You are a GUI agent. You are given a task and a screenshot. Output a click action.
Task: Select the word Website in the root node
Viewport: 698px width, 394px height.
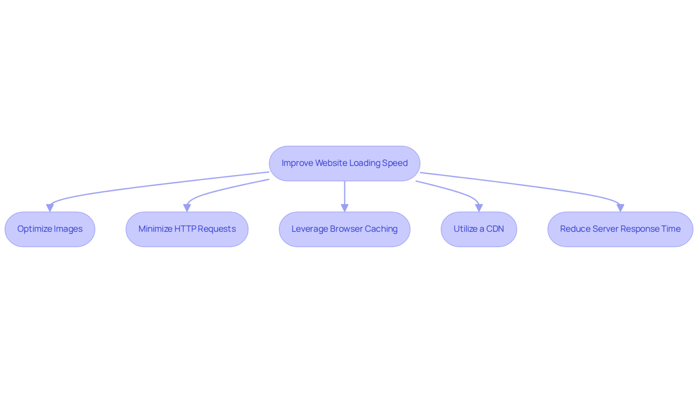[x=331, y=163]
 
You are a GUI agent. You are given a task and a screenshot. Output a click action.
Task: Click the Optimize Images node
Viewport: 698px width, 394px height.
[x=50, y=229]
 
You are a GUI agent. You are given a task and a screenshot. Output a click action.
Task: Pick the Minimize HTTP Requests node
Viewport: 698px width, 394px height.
[x=187, y=229]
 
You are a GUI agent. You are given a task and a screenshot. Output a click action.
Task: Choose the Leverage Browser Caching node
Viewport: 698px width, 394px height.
[x=344, y=229]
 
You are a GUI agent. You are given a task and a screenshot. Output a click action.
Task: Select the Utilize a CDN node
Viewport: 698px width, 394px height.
[x=479, y=229]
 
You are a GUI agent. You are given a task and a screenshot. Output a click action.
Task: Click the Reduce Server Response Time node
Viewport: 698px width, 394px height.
[x=620, y=229]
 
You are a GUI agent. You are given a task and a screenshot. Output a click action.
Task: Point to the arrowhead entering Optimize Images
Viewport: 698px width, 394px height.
[x=50, y=208]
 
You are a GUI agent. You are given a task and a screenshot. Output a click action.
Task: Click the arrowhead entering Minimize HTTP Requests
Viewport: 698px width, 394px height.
[x=187, y=208]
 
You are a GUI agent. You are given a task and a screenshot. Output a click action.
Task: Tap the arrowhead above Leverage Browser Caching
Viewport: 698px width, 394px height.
[x=344, y=208]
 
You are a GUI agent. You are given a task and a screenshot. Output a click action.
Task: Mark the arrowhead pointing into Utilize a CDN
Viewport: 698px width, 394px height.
[x=479, y=208]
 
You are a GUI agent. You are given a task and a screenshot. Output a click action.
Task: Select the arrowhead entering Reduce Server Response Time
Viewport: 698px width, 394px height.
[x=620, y=208]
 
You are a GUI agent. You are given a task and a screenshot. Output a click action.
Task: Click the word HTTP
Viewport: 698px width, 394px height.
[x=185, y=229]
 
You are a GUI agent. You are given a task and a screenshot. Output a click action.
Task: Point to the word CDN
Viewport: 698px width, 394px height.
[x=495, y=229]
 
